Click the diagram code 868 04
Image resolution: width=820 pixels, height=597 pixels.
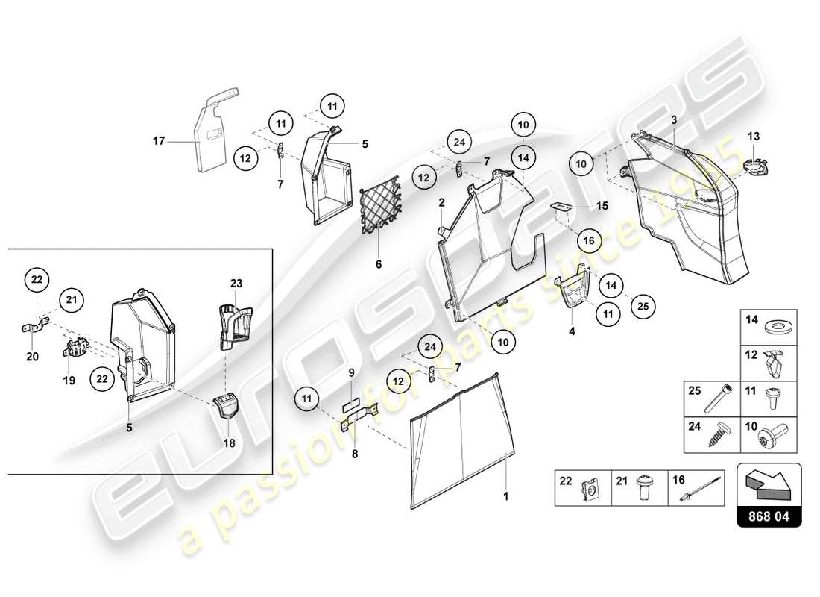768,515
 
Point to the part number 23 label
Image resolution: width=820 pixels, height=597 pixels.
236,283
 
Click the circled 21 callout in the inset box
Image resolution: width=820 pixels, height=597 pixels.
70,300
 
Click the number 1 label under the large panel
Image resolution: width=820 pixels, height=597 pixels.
506,495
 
